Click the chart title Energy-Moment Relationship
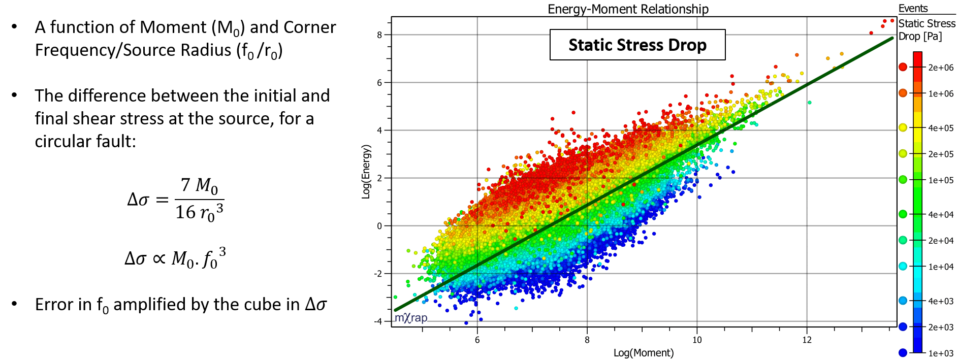[628, 9]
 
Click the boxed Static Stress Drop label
[637, 45]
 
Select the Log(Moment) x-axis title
[644, 353]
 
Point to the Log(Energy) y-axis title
[366, 172]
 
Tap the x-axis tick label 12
[807, 340]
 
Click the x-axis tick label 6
[477, 340]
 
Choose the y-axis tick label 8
[379, 35]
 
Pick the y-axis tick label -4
[378, 321]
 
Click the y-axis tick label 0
[379, 226]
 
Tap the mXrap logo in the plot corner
[411, 318]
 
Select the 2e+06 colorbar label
[941, 68]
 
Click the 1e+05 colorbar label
[941, 180]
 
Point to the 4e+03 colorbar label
[941, 301]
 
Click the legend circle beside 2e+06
[903, 67]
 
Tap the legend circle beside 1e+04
[903, 266]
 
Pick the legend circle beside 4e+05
[903, 127]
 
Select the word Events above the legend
[913, 8]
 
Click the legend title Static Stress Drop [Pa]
[927, 29]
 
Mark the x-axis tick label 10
[697, 340]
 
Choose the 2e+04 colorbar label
[941, 241]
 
